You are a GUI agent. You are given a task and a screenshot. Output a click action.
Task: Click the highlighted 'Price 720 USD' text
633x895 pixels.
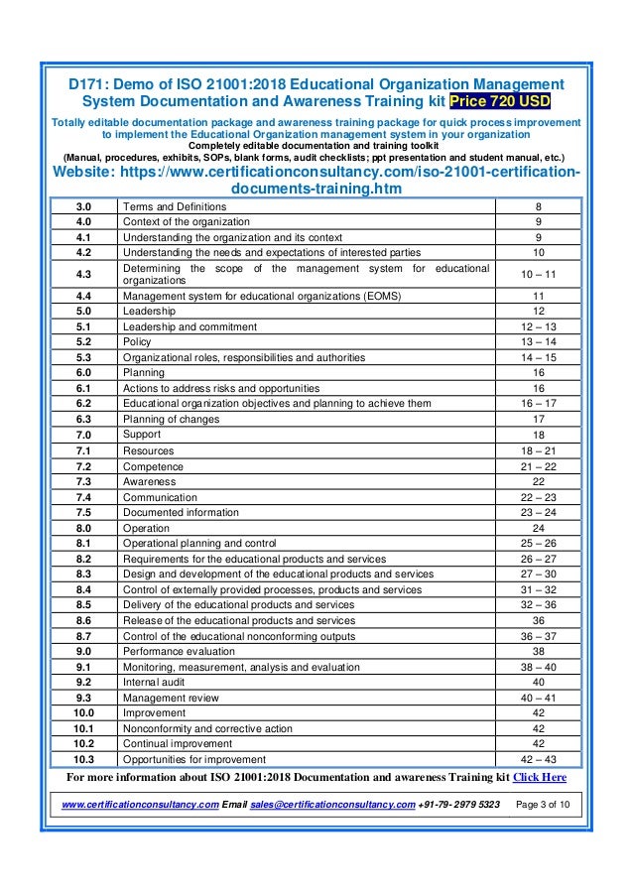click(x=500, y=102)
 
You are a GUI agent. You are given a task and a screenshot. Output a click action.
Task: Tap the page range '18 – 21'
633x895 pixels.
click(x=538, y=450)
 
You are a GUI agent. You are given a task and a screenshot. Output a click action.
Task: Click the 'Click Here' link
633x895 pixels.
click(x=540, y=777)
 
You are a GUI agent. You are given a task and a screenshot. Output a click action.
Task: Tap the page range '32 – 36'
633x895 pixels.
click(x=538, y=604)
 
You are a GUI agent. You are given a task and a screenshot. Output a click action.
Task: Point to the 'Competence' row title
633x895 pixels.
click(x=153, y=466)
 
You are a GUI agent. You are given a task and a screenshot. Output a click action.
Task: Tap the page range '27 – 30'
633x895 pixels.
click(x=538, y=574)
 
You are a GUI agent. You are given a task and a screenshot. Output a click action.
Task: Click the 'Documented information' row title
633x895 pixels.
click(x=181, y=512)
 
